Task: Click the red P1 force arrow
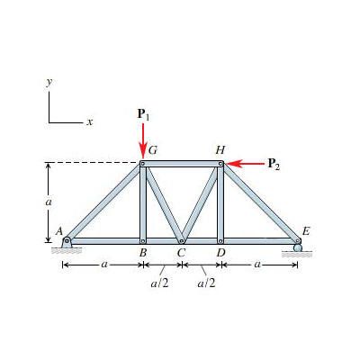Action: click(x=143, y=140)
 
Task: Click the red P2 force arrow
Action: click(x=245, y=164)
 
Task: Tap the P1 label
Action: click(x=143, y=114)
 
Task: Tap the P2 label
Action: click(x=274, y=164)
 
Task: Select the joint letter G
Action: click(x=153, y=150)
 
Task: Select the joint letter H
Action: click(x=220, y=150)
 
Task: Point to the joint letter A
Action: click(x=59, y=231)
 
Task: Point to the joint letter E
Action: click(x=306, y=231)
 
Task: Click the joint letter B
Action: click(x=143, y=253)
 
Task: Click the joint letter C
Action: click(x=181, y=253)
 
